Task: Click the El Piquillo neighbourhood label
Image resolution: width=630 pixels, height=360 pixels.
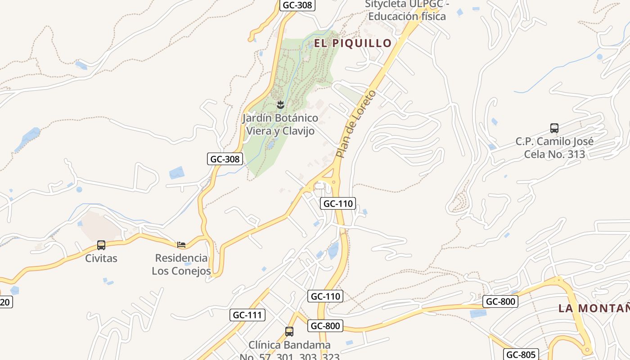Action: [x=353, y=43]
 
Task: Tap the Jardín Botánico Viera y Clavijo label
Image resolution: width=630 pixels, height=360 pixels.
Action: [x=280, y=125]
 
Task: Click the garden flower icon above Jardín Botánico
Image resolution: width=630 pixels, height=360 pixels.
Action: [x=280, y=105]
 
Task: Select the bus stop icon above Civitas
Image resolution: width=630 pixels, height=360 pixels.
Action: [x=101, y=245]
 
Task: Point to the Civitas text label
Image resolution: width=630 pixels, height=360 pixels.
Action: [x=101, y=258]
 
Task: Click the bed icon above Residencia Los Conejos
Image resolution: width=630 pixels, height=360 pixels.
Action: [x=181, y=245]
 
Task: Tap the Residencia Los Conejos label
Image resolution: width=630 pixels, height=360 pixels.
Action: [x=181, y=265]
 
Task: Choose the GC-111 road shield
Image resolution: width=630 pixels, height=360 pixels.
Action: [x=248, y=315]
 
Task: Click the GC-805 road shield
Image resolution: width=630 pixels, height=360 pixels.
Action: [x=521, y=355]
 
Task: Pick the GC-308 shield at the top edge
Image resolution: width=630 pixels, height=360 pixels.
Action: [x=297, y=5]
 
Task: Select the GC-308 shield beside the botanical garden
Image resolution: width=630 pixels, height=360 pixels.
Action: [x=225, y=159]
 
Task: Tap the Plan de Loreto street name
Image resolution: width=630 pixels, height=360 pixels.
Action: [x=355, y=124]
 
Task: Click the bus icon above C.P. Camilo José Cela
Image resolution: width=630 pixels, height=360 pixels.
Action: [x=554, y=128]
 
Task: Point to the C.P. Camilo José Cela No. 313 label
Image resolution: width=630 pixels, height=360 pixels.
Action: [x=554, y=148]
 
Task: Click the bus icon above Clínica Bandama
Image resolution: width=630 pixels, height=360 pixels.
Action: [x=289, y=332]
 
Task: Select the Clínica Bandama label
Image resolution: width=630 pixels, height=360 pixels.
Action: [x=289, y=345]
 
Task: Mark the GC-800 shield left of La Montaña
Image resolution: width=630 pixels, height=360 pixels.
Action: [x=500, y=301]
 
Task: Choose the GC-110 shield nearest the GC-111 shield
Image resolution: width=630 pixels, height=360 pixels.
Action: [x=325, y=296]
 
